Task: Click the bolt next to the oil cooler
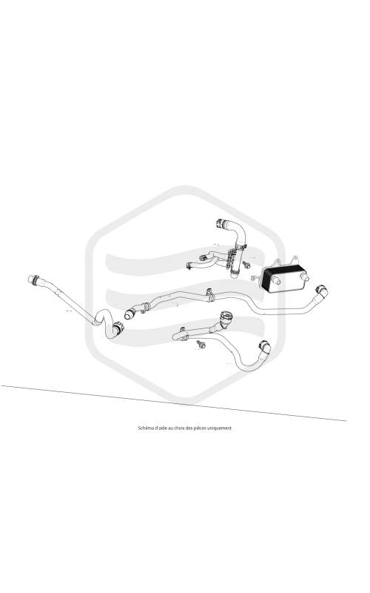(246, 265)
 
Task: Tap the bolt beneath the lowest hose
(201, 344)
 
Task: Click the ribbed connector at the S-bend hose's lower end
(118, 328)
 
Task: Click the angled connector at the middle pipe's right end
(322, 291)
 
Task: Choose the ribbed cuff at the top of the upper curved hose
(221, 224)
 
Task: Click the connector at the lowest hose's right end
(264, 347)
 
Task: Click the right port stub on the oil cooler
(306, 279)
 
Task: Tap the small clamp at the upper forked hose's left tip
(189, 266)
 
